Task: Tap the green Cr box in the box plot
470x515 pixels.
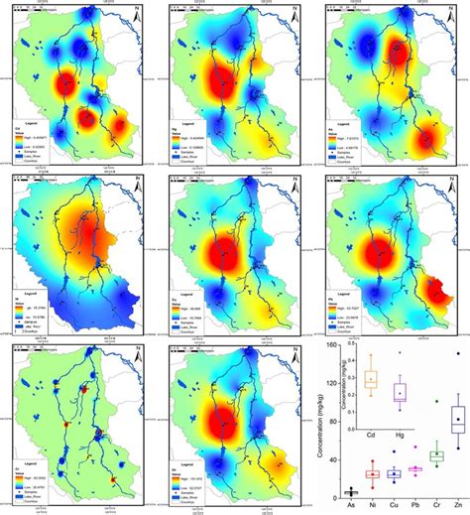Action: [x=435, y=457]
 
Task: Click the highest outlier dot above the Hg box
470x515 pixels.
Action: [x=401, y=353]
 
